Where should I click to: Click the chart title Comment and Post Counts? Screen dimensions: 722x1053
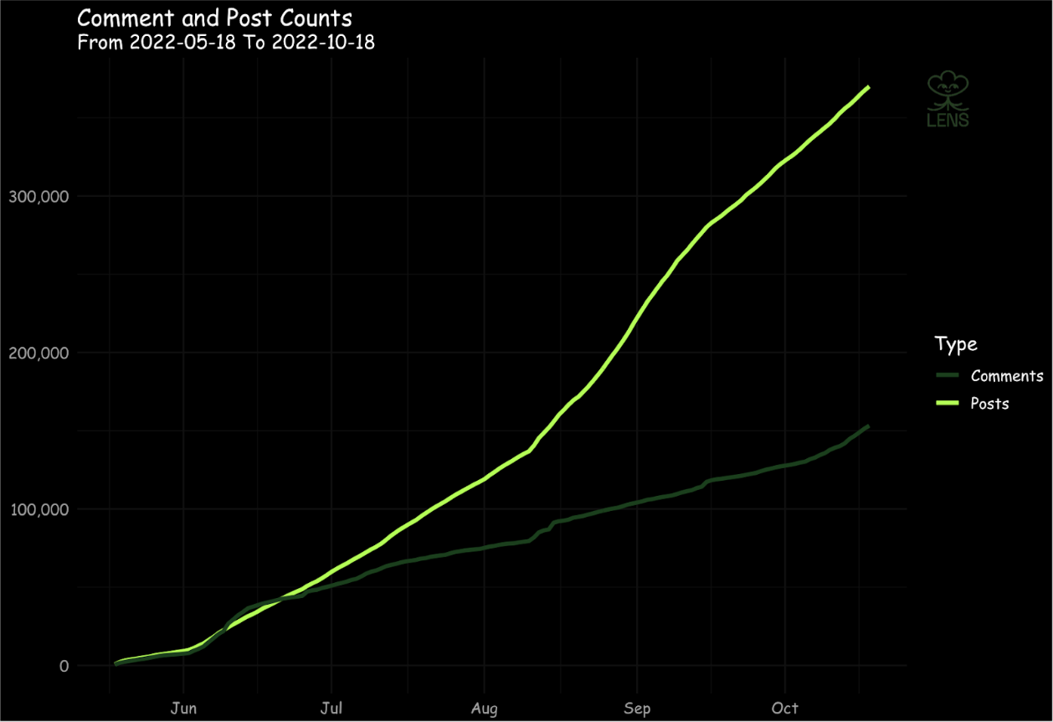click(214, 18)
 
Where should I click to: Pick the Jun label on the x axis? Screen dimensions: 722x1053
click(183, 709)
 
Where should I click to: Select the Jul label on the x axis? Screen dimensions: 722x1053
click(332, 709)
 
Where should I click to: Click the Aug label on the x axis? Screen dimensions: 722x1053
click(484, 709)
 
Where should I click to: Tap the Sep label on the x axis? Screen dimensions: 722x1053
click(637, 709)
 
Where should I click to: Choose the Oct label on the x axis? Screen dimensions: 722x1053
click(786, 709)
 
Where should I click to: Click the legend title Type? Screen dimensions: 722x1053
click(955, 344)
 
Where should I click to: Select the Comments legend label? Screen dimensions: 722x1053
click(1007, 376)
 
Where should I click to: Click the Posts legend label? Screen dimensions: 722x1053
click(989, 404)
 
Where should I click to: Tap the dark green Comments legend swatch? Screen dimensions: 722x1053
click(947, 376)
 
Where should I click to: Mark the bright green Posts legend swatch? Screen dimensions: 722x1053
click(947, 404)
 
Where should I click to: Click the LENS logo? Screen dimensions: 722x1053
click(948, 100)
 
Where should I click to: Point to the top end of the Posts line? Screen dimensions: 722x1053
click(869, 87)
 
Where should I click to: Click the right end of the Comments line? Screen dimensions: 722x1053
click(869, 426)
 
